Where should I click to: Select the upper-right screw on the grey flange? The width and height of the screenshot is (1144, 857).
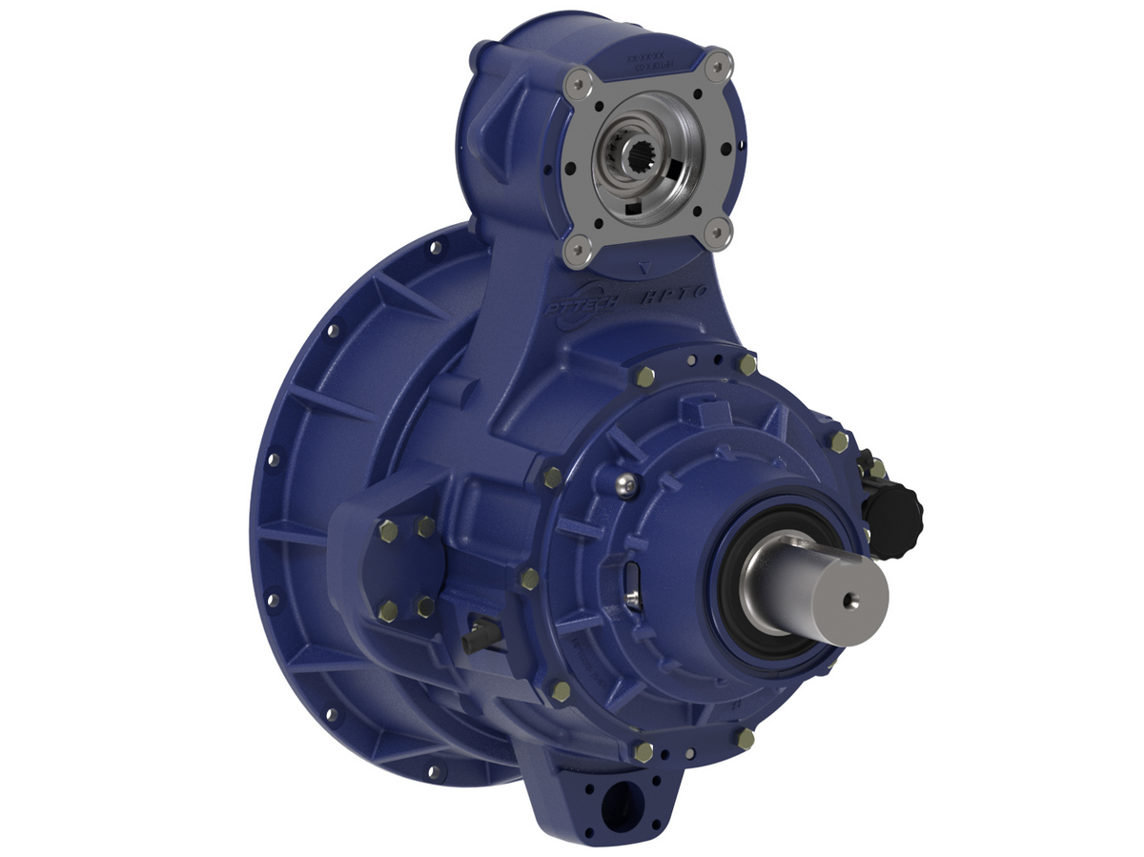[x=719, y=63]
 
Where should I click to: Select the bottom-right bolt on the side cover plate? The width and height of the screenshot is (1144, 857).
[x=426, y=606]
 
